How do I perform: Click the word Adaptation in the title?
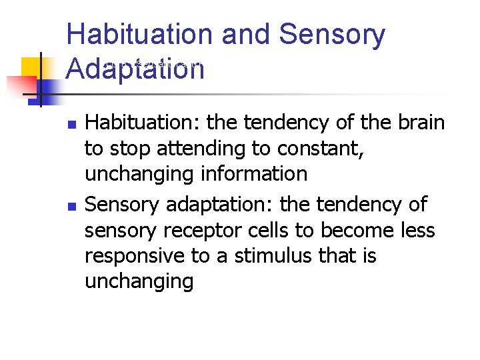(135, 69)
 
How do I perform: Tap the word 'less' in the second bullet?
(417, 230)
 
